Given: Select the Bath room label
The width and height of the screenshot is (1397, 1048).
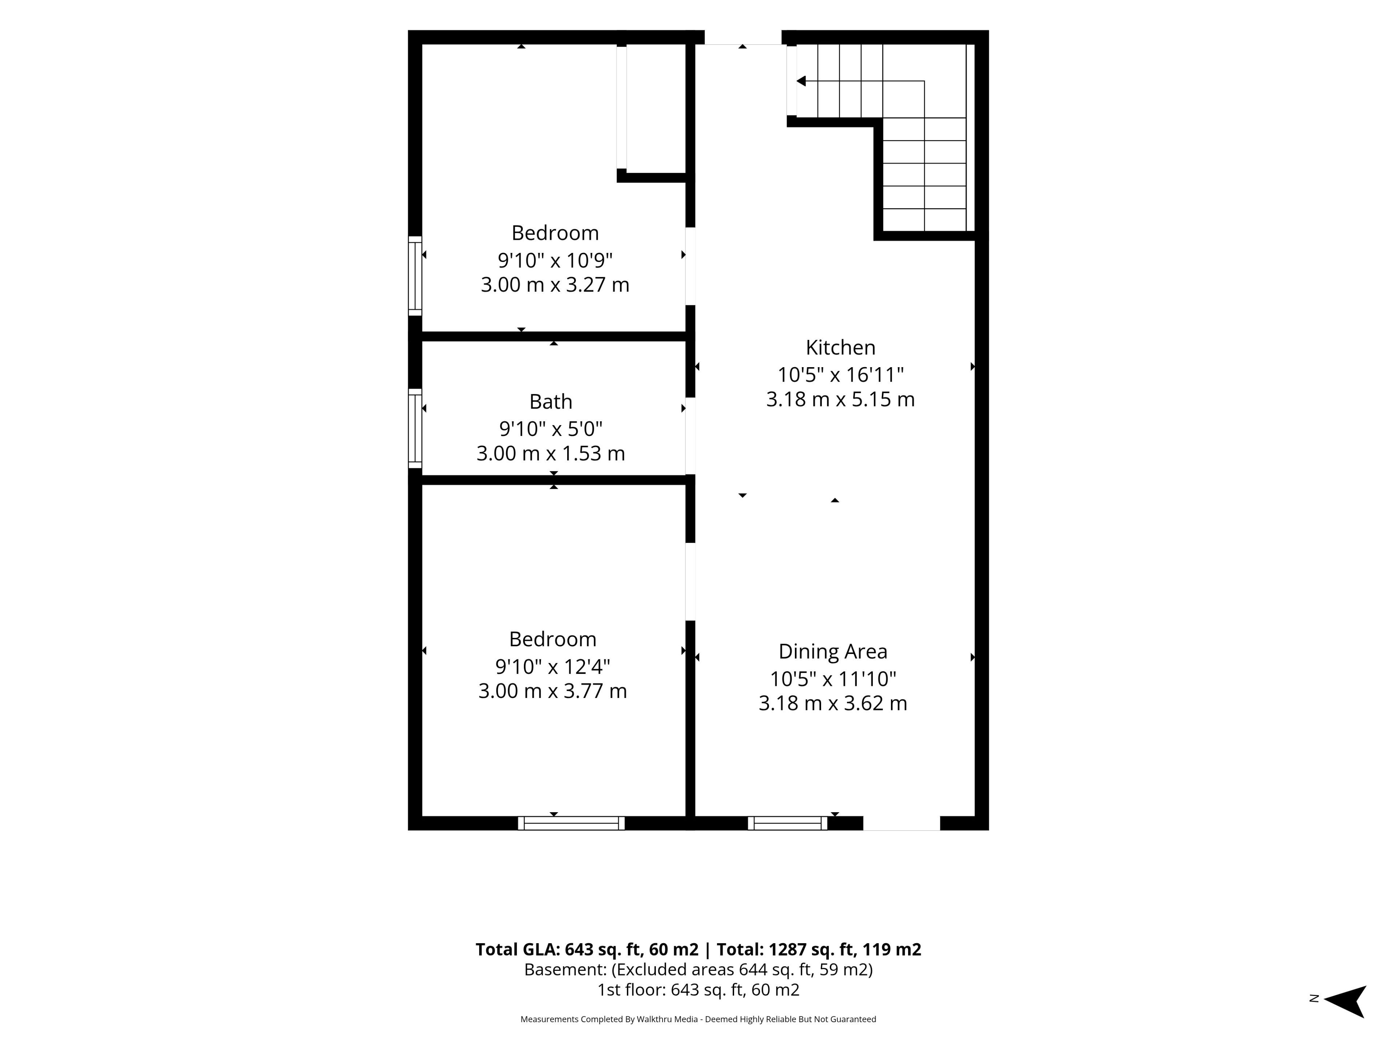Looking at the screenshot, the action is [x=551, y=402].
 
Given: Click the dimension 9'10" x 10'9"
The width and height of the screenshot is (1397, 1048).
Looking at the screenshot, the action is [x=555, y=259].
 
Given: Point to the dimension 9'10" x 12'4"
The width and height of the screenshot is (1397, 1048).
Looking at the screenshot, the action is [x=553, y=666].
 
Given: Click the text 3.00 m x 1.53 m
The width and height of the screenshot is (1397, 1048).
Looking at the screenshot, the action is [x=551, y=453].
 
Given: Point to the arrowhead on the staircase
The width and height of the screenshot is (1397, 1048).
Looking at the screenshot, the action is [x=801, y=81].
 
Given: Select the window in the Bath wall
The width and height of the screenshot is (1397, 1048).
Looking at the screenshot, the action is [x=415, y=428].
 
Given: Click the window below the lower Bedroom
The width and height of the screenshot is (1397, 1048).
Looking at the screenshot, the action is [x=571, y=823].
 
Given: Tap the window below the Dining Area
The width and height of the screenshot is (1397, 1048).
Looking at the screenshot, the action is [x=788, y=823].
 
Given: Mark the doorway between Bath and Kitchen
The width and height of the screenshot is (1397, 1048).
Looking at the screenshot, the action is [x=690, y=436].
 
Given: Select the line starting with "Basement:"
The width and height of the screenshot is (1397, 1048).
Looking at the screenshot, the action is [x=698, y=970].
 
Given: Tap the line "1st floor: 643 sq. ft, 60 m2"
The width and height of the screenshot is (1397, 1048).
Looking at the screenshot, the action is [x=698, y=990].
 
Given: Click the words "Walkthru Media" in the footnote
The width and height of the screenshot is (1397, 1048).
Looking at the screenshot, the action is [x=667, y=1019].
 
